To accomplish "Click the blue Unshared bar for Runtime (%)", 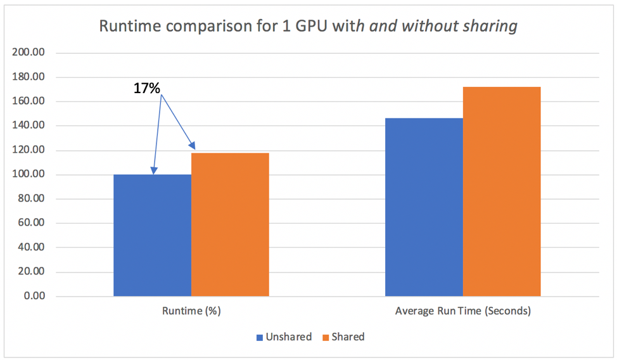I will point(152,235).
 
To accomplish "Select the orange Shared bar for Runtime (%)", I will point(230,224).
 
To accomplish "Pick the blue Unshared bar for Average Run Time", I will point(424,207).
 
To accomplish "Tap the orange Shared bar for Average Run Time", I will point(502,191).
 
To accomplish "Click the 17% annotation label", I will point(146,89).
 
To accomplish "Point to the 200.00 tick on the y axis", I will point(29,53).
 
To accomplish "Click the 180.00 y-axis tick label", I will point(29,77).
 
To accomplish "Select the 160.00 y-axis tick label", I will point(29,101).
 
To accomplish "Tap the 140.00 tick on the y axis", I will point(29,126).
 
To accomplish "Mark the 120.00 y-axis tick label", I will point(29,150).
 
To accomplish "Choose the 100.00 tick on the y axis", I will point(29,175).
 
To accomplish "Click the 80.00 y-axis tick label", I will point(30,199).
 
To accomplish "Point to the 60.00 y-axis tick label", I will point(30,223).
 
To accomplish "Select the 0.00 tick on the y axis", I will point(33,297).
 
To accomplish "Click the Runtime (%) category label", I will point(191,311).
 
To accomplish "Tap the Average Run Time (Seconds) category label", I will point(463,311).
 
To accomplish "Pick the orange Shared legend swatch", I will point(327,337).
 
